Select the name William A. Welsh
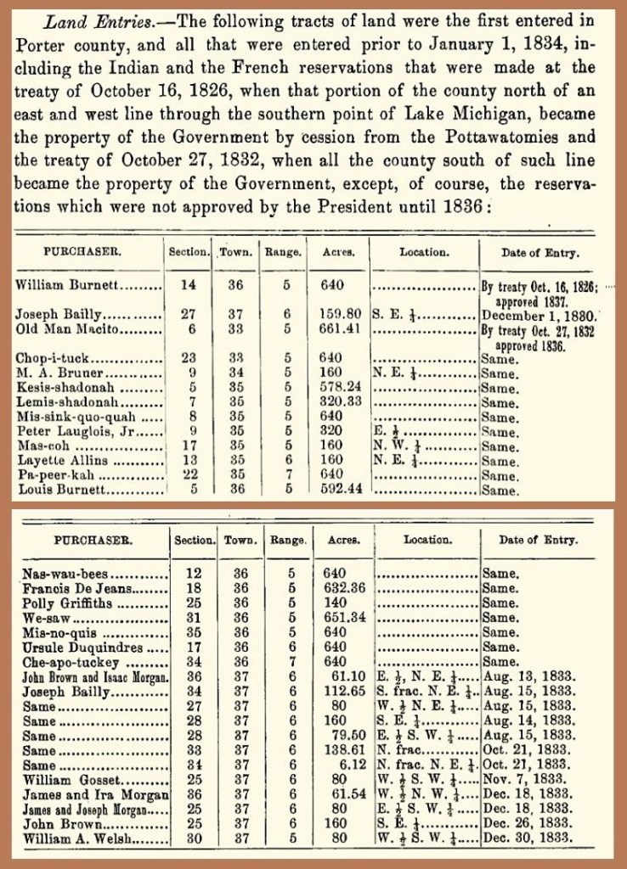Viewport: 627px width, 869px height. click(70, 838)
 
